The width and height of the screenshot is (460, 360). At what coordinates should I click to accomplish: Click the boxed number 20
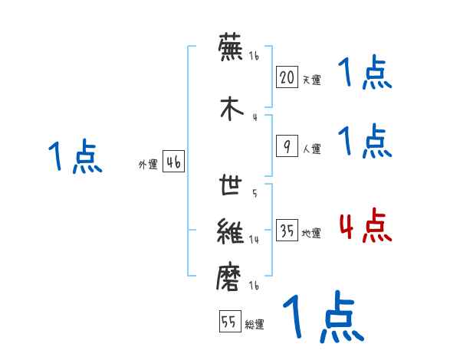point(287,77)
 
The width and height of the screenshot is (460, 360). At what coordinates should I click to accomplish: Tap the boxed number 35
point(287,230)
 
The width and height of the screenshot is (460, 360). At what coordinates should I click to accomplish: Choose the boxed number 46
point(173,162)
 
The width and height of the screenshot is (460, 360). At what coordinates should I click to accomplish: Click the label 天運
point(311,80)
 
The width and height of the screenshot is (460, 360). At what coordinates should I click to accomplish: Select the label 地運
point(311,232)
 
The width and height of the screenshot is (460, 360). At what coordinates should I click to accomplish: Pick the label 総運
point(255,325)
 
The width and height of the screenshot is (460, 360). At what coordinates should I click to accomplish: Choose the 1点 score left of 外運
point(74,157)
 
